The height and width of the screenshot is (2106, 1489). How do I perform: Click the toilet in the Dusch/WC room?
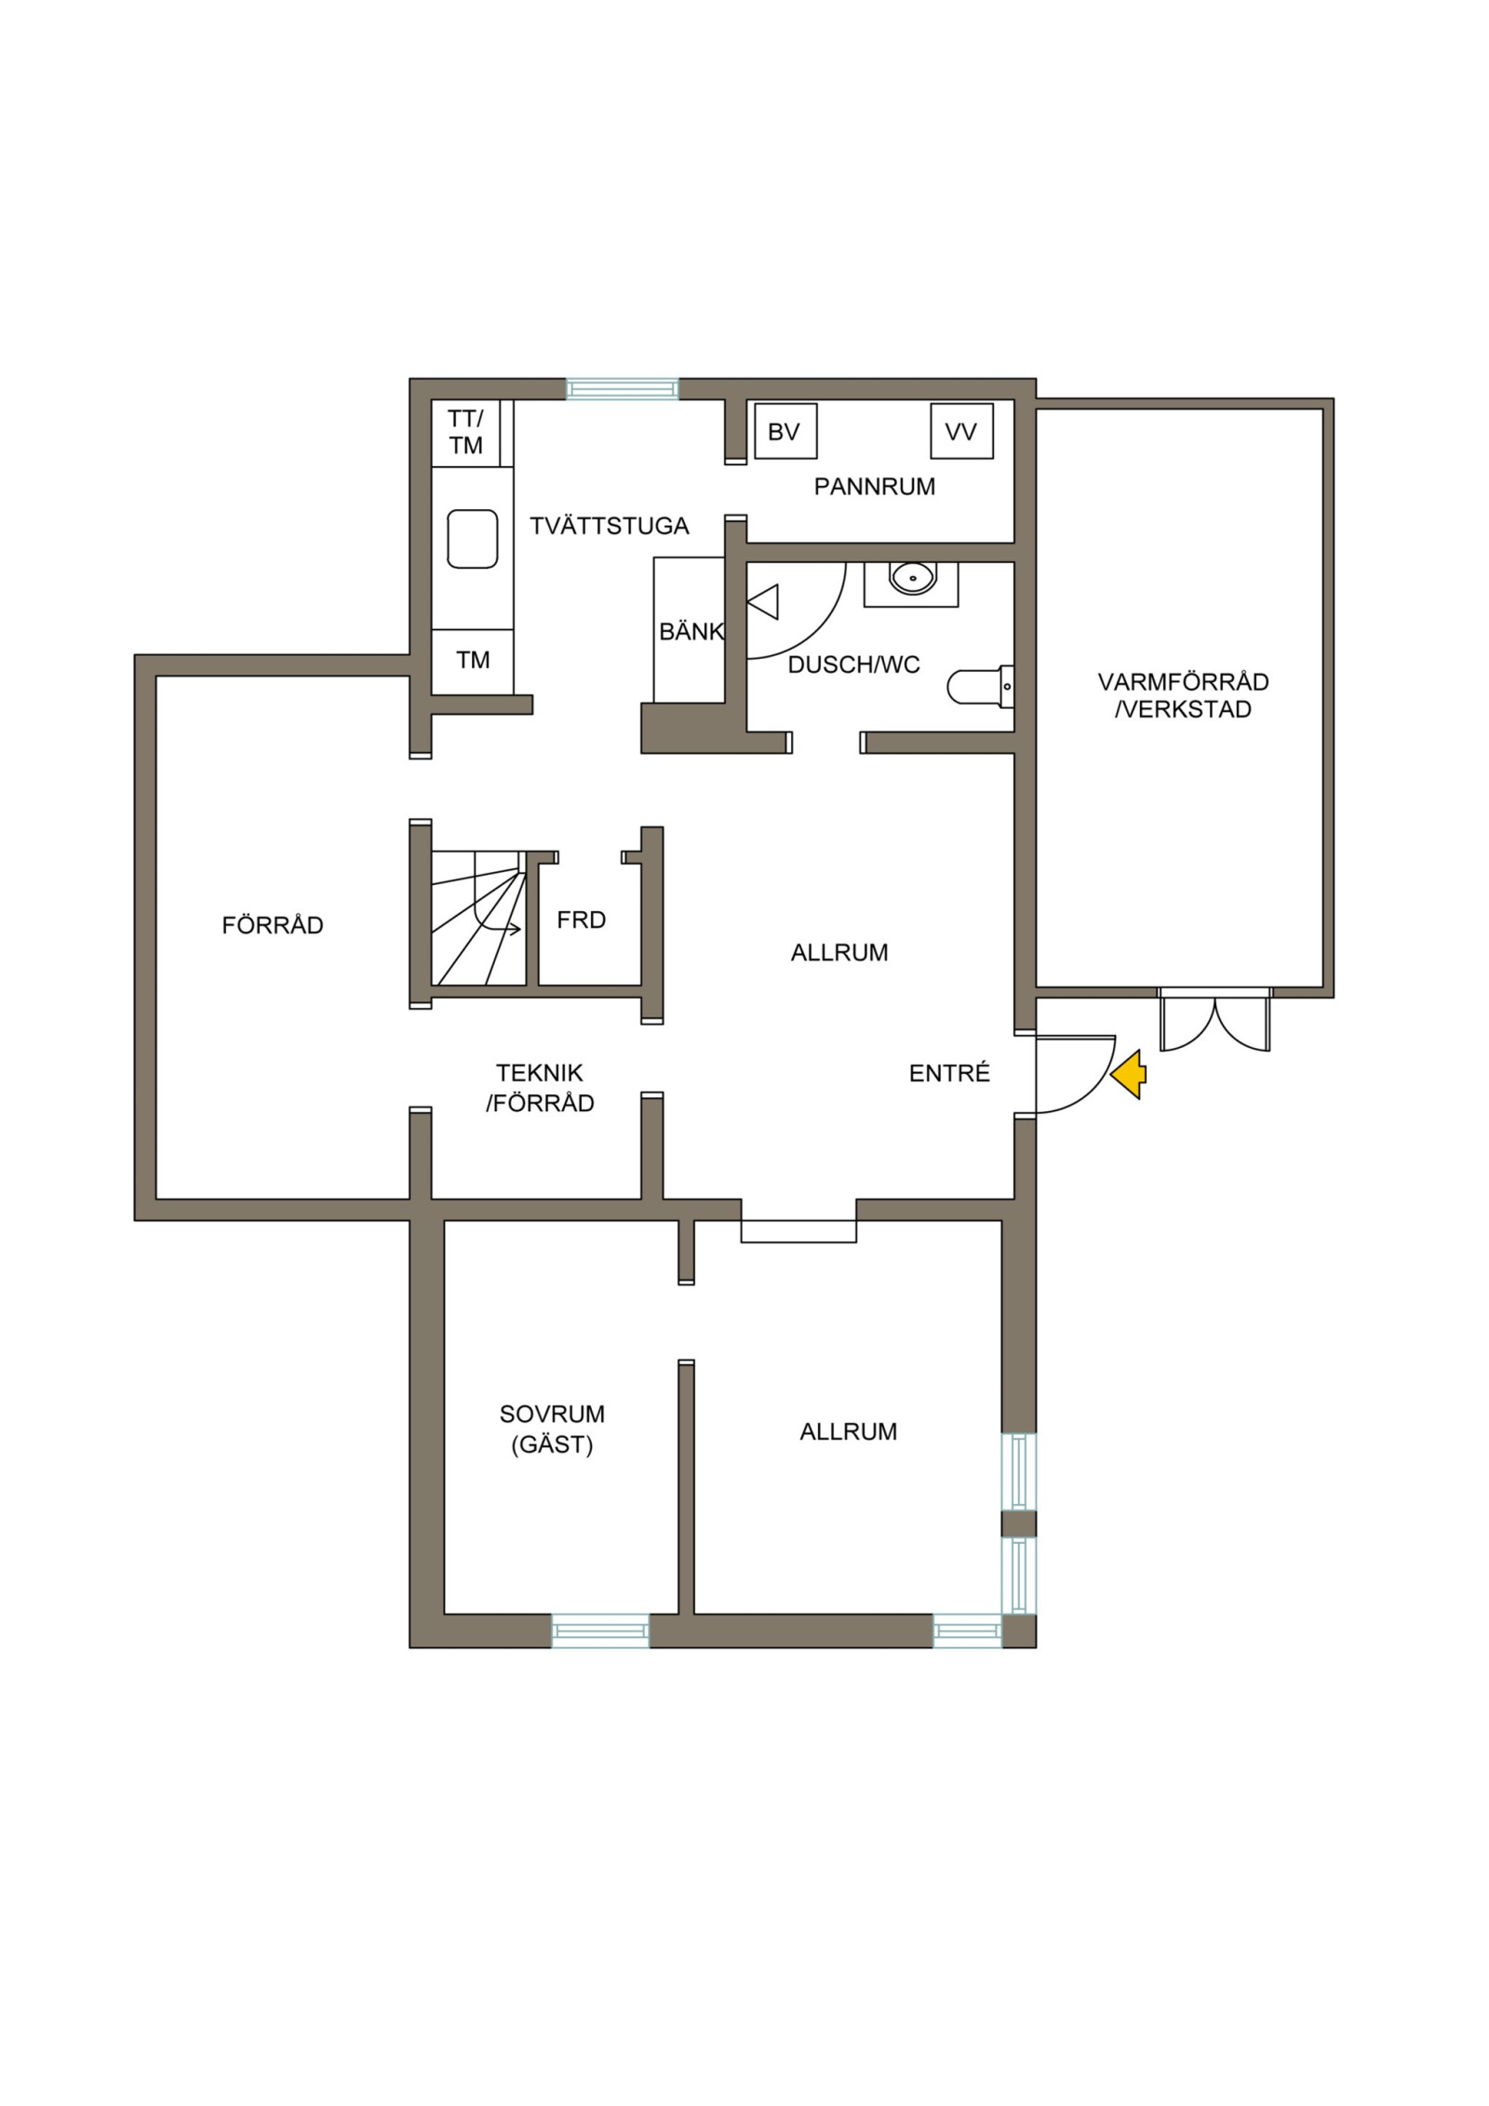point(980,687)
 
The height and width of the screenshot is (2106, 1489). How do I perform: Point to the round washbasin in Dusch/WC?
point(911,578)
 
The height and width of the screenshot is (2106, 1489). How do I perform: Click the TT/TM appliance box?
point(466,433)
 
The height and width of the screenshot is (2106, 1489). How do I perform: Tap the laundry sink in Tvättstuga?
point(473,539)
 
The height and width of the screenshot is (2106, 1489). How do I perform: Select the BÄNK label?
point(691,632)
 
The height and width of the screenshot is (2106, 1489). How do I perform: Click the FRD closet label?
point(582,920)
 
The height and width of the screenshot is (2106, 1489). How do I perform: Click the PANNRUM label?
point(875,487)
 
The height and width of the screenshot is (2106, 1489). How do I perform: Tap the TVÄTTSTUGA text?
point(610,527)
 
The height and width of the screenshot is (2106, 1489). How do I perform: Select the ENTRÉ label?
point(949,1073)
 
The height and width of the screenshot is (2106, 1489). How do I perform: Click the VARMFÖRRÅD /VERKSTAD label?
point(1184,695)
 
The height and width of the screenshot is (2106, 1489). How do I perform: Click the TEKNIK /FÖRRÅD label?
point(540,1088)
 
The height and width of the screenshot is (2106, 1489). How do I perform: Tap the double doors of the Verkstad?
point(1214,1020)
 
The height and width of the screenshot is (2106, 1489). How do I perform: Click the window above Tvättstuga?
point(623,388)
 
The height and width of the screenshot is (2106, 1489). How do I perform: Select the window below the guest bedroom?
point(600,1630)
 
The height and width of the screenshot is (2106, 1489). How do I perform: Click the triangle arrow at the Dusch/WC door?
point(763,602)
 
